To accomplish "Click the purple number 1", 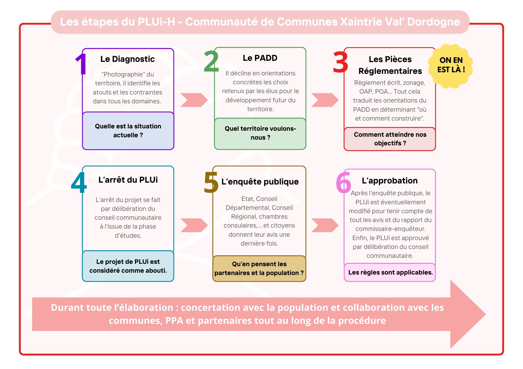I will point(82,64).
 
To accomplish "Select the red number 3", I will point(340,62).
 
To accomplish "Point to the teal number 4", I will point(79,182).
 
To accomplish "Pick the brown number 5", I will point(211,182).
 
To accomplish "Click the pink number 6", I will point(343,182).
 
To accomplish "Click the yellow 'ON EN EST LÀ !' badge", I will point(451,65).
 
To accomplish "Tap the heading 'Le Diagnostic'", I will point(128,59).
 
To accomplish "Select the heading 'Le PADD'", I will point(260,58).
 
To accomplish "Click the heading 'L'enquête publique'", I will point(260,182).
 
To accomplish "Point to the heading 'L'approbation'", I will point(390,181).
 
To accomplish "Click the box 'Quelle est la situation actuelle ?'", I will point(128,131).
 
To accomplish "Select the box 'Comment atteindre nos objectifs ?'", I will point(390,139).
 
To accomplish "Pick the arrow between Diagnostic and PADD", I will point(194,100).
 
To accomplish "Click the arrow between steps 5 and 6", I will point(325,225).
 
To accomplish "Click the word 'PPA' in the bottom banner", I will point(174,321).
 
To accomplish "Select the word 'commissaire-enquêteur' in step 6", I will point(390,229).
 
